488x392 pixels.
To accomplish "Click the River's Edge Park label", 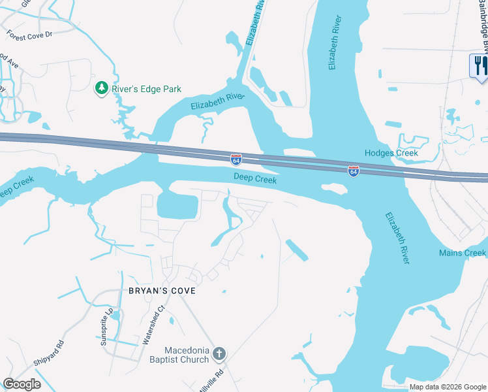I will pyautogui.click(x=146, y=89).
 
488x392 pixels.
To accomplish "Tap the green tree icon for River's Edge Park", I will pyautogui.click(x=101, y=88).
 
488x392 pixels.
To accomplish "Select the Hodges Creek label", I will pyautogui.click(x=391, y=153).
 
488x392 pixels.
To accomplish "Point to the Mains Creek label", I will pyautogui.click(x=462, y=253).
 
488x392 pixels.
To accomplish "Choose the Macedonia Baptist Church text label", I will pyautogui.click(x=187, y=354).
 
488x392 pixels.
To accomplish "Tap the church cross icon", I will pyautogui.click(x=219, y=354).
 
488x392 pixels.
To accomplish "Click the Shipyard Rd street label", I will pyautogui.click(x=48, y=353).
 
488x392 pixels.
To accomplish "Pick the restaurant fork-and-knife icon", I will pyautogui.click(x=480, y=65).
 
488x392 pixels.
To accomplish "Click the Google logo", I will pyautogui.click(x=22, y=384).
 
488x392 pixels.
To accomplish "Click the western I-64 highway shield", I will pyautogui.click(x=236, y=159).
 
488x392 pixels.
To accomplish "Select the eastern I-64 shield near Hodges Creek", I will pyautogui.click(x=353, y=171).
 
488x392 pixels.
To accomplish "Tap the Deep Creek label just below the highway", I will pyautogui.click(x=255, y=179).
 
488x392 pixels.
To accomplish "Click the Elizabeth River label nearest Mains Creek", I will pyautogui.click(x=397, y=238).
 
